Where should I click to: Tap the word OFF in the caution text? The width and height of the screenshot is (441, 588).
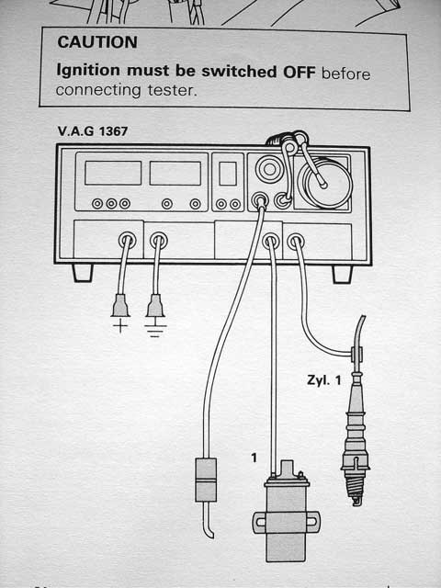tap(293, 71)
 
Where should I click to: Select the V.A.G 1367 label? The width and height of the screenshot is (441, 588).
tap(92, 132)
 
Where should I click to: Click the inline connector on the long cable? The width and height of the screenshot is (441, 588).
tap(207, 480)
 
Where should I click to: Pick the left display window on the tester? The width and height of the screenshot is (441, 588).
tap(112, 173)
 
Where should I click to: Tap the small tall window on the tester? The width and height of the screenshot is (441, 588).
tap(227, 174)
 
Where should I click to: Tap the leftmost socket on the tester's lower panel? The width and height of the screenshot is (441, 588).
tap(127, 242)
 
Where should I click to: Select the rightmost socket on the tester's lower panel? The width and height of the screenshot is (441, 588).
tap(296, 242)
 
